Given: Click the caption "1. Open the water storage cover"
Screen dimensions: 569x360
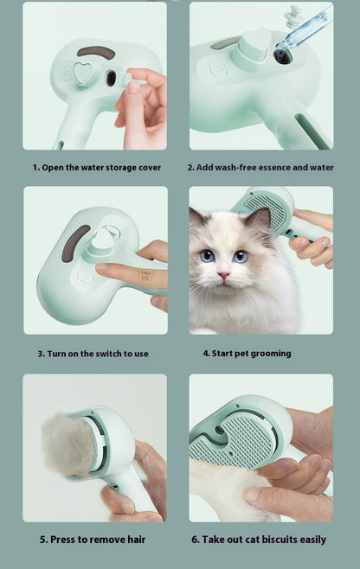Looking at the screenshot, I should click(x=97, y=167).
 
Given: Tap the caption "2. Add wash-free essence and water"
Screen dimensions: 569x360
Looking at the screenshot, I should click(x=262, y=167).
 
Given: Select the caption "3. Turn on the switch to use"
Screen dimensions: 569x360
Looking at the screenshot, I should click(x=93, y=353).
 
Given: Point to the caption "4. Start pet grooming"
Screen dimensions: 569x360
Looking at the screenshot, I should click(x=247, y=353).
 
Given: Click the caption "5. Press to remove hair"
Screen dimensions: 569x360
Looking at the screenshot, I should click(x=93, y=540).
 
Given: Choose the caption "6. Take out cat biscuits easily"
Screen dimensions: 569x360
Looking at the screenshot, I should click(x=264, y=540).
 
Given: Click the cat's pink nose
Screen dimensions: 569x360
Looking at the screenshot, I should click(x=224, y=276).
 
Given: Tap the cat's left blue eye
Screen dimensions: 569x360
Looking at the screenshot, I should click(x=208, y=256).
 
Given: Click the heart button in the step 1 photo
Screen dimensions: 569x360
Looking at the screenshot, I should click(x=83, y=74).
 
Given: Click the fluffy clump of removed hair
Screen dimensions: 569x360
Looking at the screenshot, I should click(x=64, y=443).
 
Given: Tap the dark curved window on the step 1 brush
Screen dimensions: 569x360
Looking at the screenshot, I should click(x=95, y=53).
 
